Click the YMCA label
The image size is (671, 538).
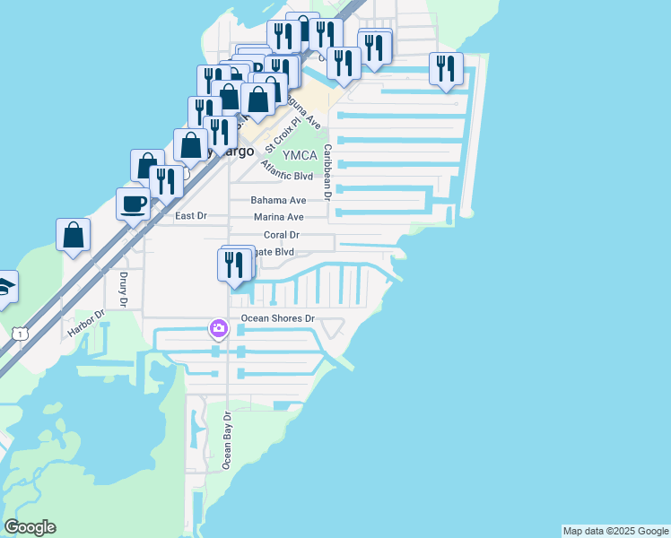coord(300,155)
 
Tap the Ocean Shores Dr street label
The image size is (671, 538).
coord(278,318)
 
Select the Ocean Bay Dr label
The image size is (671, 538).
coord(228,439)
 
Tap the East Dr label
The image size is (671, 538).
coord(190,216)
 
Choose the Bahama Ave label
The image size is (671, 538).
coord(278,200)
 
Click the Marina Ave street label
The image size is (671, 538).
coord(278,217)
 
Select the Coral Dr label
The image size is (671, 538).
coord(280,235)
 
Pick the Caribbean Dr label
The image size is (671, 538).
coord(328,170)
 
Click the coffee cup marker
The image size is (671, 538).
coord(134,204)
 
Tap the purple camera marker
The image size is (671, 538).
coord(218,329)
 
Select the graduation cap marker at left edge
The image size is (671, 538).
coord(4,287)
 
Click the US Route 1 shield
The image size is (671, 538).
coord(19,334)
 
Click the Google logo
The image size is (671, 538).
coord(30,527)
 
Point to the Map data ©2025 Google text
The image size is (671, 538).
coord(615,531)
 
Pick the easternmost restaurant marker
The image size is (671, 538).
coord(446,69)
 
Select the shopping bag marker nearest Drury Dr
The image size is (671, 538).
coord(74,235)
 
